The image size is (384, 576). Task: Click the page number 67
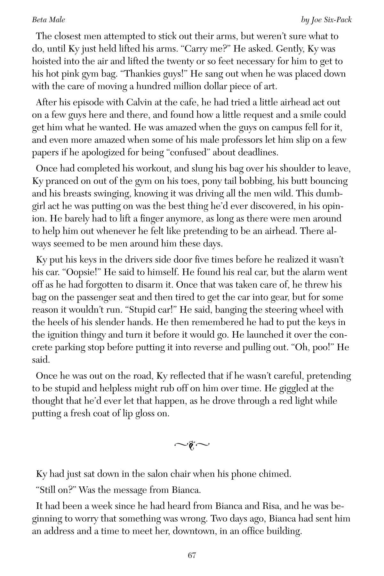click(192, 555)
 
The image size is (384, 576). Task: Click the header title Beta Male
click(48, 20)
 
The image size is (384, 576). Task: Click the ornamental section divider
click(192, 444)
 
